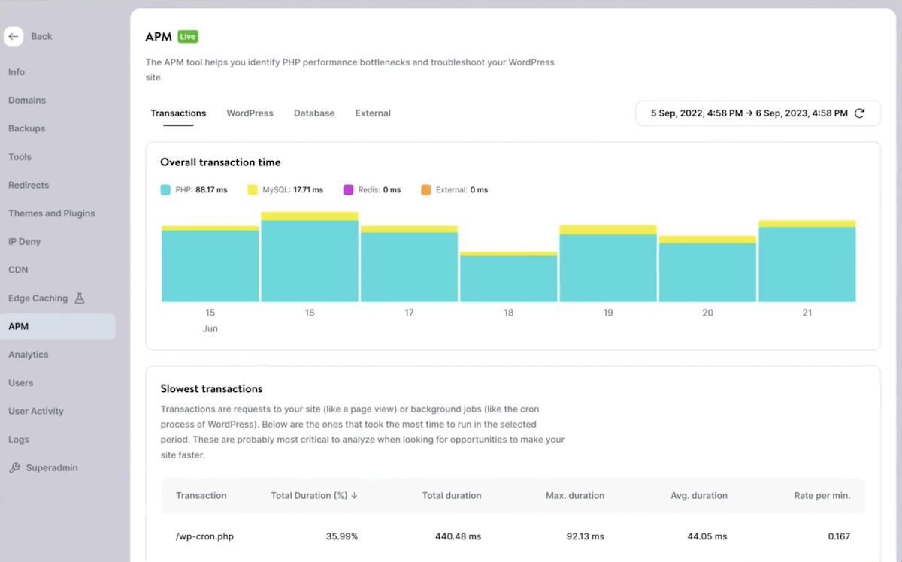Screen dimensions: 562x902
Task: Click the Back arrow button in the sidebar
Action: tap(14, 36)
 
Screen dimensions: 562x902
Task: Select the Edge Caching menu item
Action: tap(38, 298)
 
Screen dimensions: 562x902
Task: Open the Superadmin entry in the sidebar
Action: tap(51, 468)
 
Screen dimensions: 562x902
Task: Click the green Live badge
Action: tap(188, 36)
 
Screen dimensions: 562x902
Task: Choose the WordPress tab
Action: tap(250, 113)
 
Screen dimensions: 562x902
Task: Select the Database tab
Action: tap(314, 113)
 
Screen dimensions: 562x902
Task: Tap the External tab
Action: tap(373, 113)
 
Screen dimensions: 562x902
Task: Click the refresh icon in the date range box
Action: tap(860, 113)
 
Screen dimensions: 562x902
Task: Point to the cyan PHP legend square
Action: tap(165, 190)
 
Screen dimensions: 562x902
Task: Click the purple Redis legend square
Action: tap(348, 190)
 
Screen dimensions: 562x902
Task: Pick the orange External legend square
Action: tap(426, 190)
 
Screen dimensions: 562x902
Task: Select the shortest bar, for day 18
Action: tap(509, 278)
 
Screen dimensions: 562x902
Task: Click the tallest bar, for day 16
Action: tap(310, 259)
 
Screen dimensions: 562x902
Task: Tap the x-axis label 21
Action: tap(807, 313)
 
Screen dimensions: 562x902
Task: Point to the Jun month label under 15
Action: tap(210, 329)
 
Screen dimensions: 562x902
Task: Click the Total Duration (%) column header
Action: tap(313, 496)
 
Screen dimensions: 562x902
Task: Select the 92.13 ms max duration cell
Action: tap(585, 536)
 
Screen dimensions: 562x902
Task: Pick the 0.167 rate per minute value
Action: tap(838, 536)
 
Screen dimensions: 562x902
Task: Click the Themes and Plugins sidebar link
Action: tap(51, 213)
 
